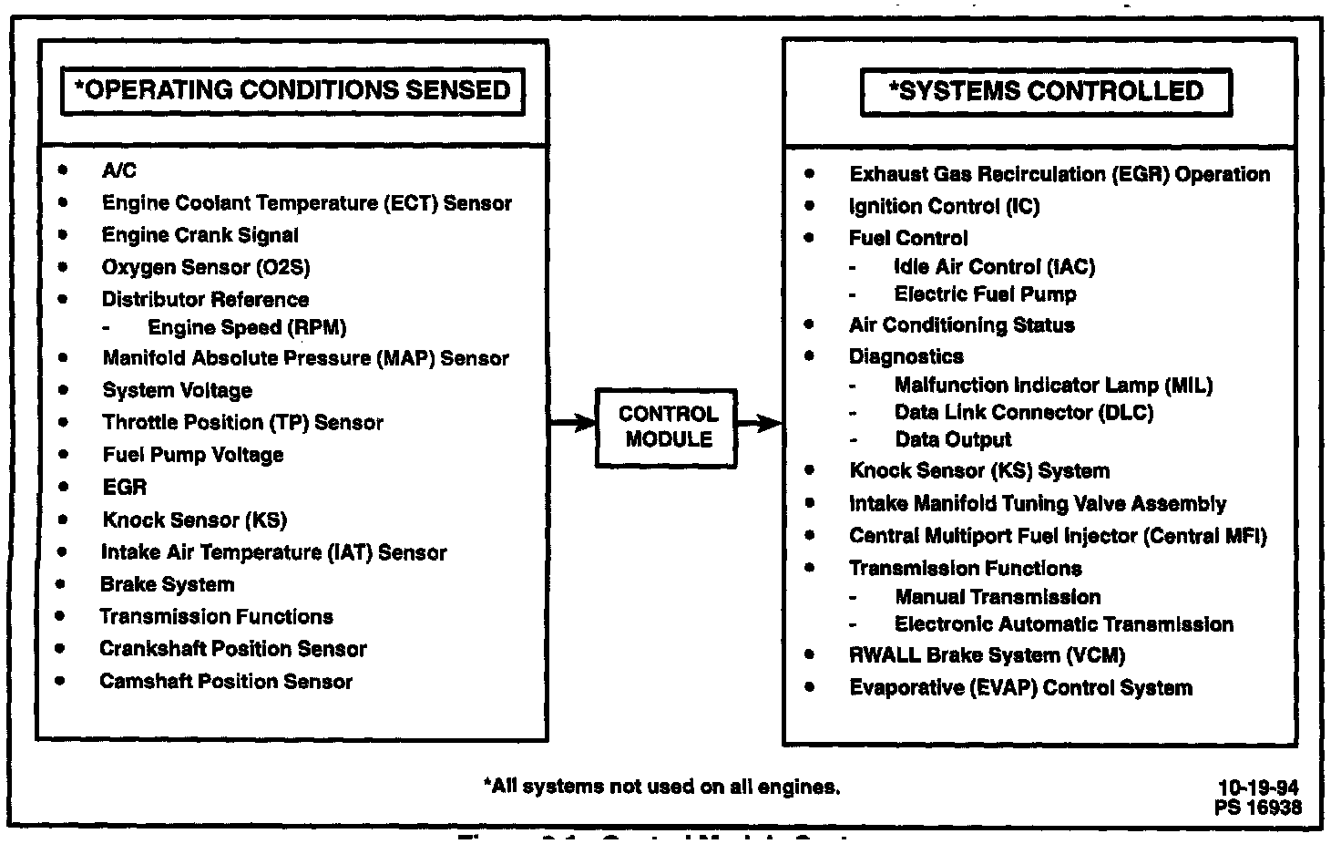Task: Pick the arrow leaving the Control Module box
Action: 759,423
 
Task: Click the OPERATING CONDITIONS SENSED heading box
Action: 292,90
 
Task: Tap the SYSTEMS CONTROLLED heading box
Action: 1046,91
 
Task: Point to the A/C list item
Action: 118,170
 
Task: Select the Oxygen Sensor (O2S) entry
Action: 206,267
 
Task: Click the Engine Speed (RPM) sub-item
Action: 247,327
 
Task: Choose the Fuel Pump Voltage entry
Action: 192,454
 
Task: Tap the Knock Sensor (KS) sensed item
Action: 194,520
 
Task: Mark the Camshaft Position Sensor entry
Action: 225,681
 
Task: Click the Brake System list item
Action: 167,584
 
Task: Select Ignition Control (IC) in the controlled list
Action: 944,206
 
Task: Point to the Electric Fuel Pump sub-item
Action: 985,293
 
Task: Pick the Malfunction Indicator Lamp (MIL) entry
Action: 1053,385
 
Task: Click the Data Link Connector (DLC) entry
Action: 1023,412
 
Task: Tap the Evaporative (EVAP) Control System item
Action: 1020,687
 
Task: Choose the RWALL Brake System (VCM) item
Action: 987,654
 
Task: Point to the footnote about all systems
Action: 661,786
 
